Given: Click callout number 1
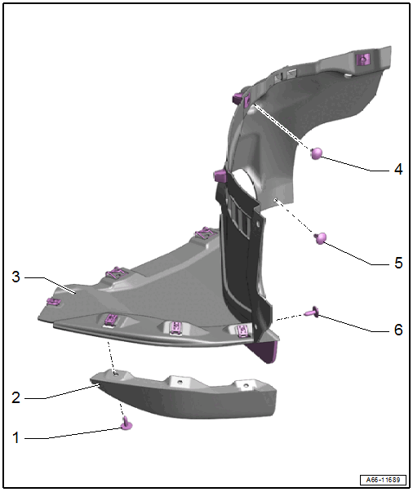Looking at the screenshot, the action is point(16,437).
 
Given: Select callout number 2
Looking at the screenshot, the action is point(16,397).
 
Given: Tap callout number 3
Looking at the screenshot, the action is point(16,277).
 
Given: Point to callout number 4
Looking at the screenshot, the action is point(398,170).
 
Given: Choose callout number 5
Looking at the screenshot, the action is point(398,263).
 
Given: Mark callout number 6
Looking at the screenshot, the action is point(398,330).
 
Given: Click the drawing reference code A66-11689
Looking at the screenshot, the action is point(383,480).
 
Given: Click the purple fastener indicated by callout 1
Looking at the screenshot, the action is point(127,423).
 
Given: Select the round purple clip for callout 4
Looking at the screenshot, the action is point(317,153).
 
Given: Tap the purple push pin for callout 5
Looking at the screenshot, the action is point(320,238).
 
